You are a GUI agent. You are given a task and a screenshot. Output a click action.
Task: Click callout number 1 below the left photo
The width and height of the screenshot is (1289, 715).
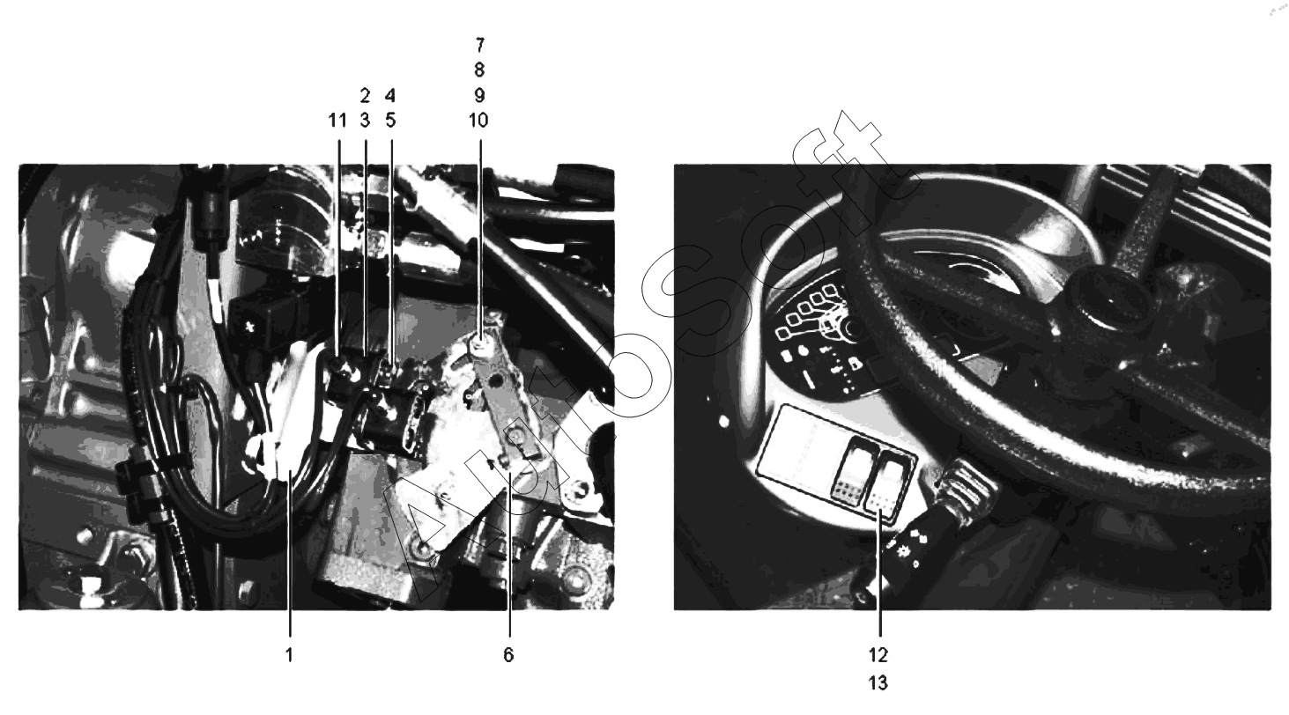pos(290,654)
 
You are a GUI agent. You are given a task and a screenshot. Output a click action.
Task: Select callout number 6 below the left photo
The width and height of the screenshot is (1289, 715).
pos(508,654)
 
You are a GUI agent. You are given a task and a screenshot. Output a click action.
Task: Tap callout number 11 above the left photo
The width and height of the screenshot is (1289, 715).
pos(337,121)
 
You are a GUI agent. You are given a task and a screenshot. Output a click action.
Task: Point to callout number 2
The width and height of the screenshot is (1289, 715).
pos(365,95)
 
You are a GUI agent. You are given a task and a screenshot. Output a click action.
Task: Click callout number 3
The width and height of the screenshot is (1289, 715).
pos(365,121)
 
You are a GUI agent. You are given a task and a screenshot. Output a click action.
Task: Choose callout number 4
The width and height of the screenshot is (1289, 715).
pos(390,95)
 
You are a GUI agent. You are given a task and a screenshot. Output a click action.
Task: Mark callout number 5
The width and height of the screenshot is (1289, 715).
pos(390,121)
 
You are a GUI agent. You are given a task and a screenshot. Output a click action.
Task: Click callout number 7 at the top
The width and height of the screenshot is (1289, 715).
pos(480,44)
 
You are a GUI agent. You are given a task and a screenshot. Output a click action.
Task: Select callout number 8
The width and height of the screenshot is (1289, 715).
pos(480,70)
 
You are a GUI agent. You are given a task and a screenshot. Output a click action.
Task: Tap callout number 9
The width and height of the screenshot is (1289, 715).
pos(480,95)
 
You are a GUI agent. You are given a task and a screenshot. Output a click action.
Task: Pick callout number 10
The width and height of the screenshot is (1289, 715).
pos(478,121)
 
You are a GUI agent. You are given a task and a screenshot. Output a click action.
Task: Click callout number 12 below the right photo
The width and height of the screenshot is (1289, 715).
pos(878,654)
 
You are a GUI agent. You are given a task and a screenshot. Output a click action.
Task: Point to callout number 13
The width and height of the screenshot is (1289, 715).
pos(878,682)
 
